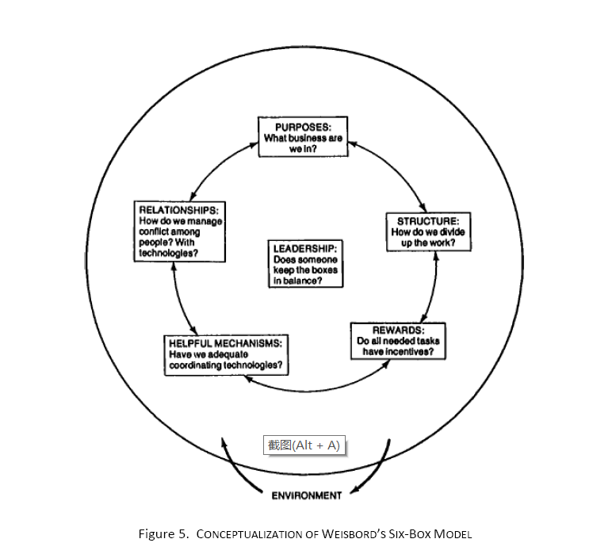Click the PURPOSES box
pos(302,136)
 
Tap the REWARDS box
pos(398,340)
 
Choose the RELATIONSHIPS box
pos(178,231)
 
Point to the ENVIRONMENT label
pos(307,495)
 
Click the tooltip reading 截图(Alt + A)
pos(304,445)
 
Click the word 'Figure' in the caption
pos(156,534)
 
